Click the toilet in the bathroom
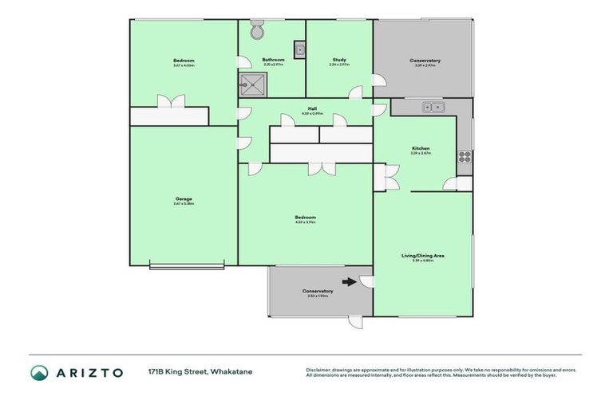coord(256,32)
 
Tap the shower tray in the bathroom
coord(254,84)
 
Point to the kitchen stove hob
coord(464,156)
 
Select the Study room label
coord(339,61)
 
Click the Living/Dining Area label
coord(422,256)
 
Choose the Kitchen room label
coord(421,148)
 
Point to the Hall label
coord(314,110)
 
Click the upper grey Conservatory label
coord(425,61)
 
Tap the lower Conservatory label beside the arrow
coord(318,291)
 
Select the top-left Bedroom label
coord(184,61)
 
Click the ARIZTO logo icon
coord(39,372)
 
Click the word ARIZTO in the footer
coord(89,372)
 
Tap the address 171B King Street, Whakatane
coord(200,372)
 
